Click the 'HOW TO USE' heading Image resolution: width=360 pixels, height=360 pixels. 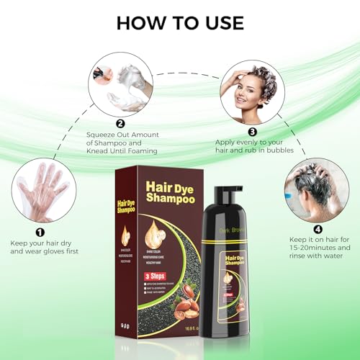click(x=179, y=22)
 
